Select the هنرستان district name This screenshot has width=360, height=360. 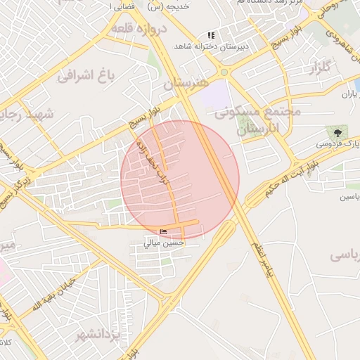(x=186, y=83)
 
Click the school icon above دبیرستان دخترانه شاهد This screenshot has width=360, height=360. (x=210, y=35)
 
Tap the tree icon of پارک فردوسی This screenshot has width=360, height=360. (x=338, y=131)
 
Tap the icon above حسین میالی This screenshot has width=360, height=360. (x=164, y=232)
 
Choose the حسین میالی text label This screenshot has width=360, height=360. (x=164, y=243)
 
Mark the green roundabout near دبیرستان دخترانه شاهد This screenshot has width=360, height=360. (x=224, y=72)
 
